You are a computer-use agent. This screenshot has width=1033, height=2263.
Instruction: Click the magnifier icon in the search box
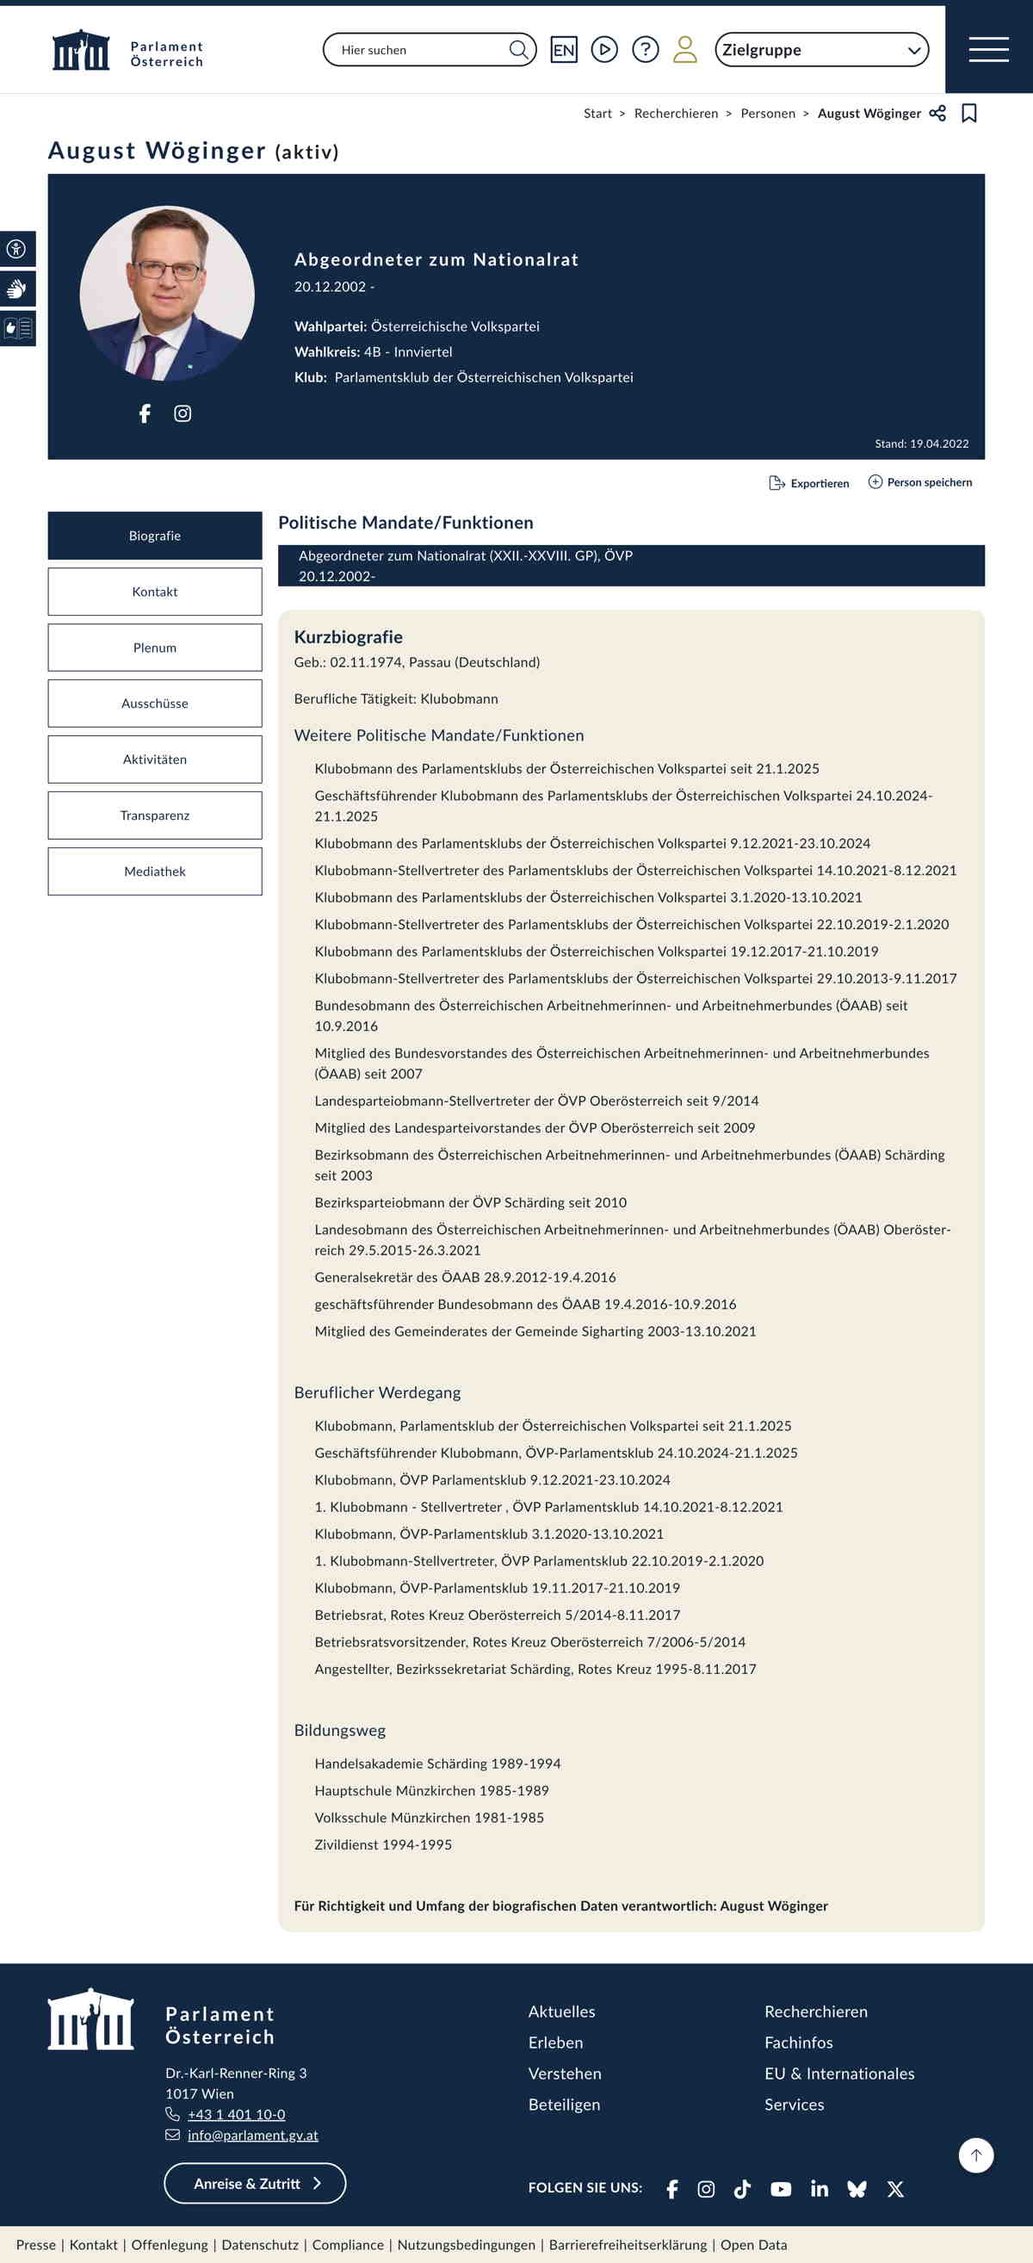[518, 49]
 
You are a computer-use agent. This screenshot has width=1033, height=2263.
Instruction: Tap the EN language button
[564, 50]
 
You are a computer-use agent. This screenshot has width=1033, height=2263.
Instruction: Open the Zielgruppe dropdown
[821, 50]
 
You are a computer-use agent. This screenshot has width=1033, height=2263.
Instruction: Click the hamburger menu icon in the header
[988, 49]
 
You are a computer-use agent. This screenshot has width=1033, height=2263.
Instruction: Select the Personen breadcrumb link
[768, 114]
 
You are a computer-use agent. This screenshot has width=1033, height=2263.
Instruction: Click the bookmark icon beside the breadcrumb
[969, 114]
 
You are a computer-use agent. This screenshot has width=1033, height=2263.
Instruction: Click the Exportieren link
[809, 483]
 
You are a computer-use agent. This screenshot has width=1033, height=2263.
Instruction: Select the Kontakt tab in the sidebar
[155, 592]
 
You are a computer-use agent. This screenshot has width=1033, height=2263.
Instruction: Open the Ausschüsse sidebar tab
[155, 704]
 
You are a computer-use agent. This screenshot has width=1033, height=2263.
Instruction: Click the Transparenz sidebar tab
[155, 815]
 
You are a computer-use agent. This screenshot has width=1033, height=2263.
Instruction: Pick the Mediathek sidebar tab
[155, 871]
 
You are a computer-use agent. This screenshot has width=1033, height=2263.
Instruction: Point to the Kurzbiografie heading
[348, 637]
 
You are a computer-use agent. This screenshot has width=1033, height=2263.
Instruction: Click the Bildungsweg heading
[340, 1730]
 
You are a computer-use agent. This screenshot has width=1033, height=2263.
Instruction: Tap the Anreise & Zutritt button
[255, 2183]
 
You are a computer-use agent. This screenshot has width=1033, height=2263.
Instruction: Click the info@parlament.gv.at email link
[253, 2135]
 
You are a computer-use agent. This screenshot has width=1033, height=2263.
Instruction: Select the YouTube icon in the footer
[781, 2188]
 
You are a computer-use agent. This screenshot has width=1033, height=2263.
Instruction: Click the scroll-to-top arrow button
[976, 2155]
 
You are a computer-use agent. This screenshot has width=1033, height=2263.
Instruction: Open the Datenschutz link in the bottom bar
[260, 2245]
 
